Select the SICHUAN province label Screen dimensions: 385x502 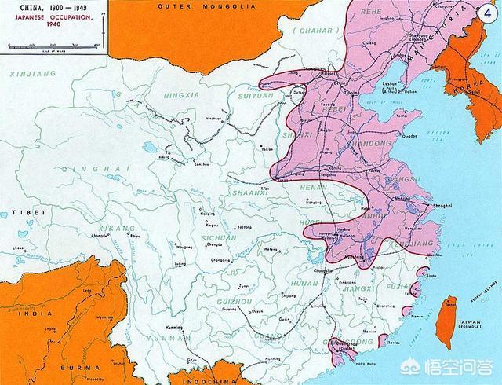click(216, 236)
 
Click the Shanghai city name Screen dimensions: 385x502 click(441, 204)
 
